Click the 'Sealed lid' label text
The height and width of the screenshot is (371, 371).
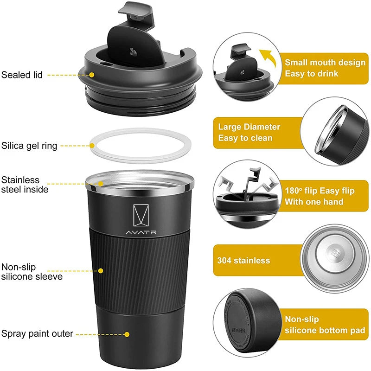[x=22, y=74]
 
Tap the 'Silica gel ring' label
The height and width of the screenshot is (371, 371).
[x=29, y=146]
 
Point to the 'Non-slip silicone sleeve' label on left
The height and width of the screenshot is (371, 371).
[x=32, y=272]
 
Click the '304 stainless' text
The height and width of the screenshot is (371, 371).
[x=243, y=260]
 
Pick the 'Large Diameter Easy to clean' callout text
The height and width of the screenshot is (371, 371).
[x=249, y=132]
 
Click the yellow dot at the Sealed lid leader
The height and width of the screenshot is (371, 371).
[x=92, y=74]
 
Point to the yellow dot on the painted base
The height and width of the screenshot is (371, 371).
[x=127, y=333]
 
